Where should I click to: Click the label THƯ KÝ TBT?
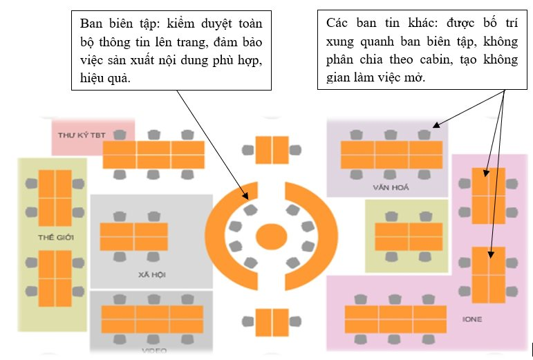(82, 135)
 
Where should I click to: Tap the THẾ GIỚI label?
(56, 238)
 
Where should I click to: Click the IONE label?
(472, 319)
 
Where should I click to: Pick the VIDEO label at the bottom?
(153, 350)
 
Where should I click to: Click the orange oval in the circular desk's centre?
(271, 236)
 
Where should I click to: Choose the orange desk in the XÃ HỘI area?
(133, 237)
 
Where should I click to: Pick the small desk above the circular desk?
(271, 150)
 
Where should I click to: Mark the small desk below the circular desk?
(271, 322)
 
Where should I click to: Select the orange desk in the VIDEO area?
(153, 320)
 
